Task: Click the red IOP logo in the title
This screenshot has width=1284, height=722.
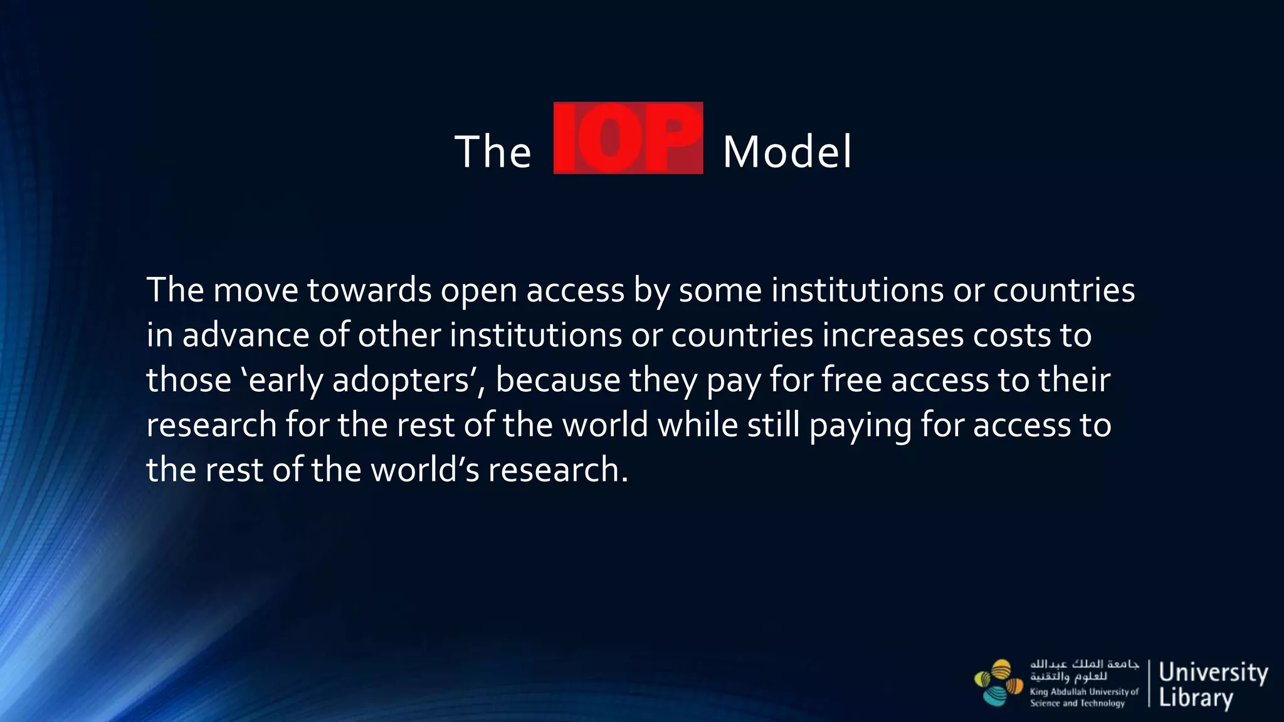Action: [628, 138]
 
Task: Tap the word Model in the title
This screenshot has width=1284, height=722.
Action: [787, 152]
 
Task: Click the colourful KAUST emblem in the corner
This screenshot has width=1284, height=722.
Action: [997, 683]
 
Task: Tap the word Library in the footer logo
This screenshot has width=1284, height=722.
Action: [1196, 698]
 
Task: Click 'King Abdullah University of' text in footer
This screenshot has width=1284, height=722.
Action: [1083, 692]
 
